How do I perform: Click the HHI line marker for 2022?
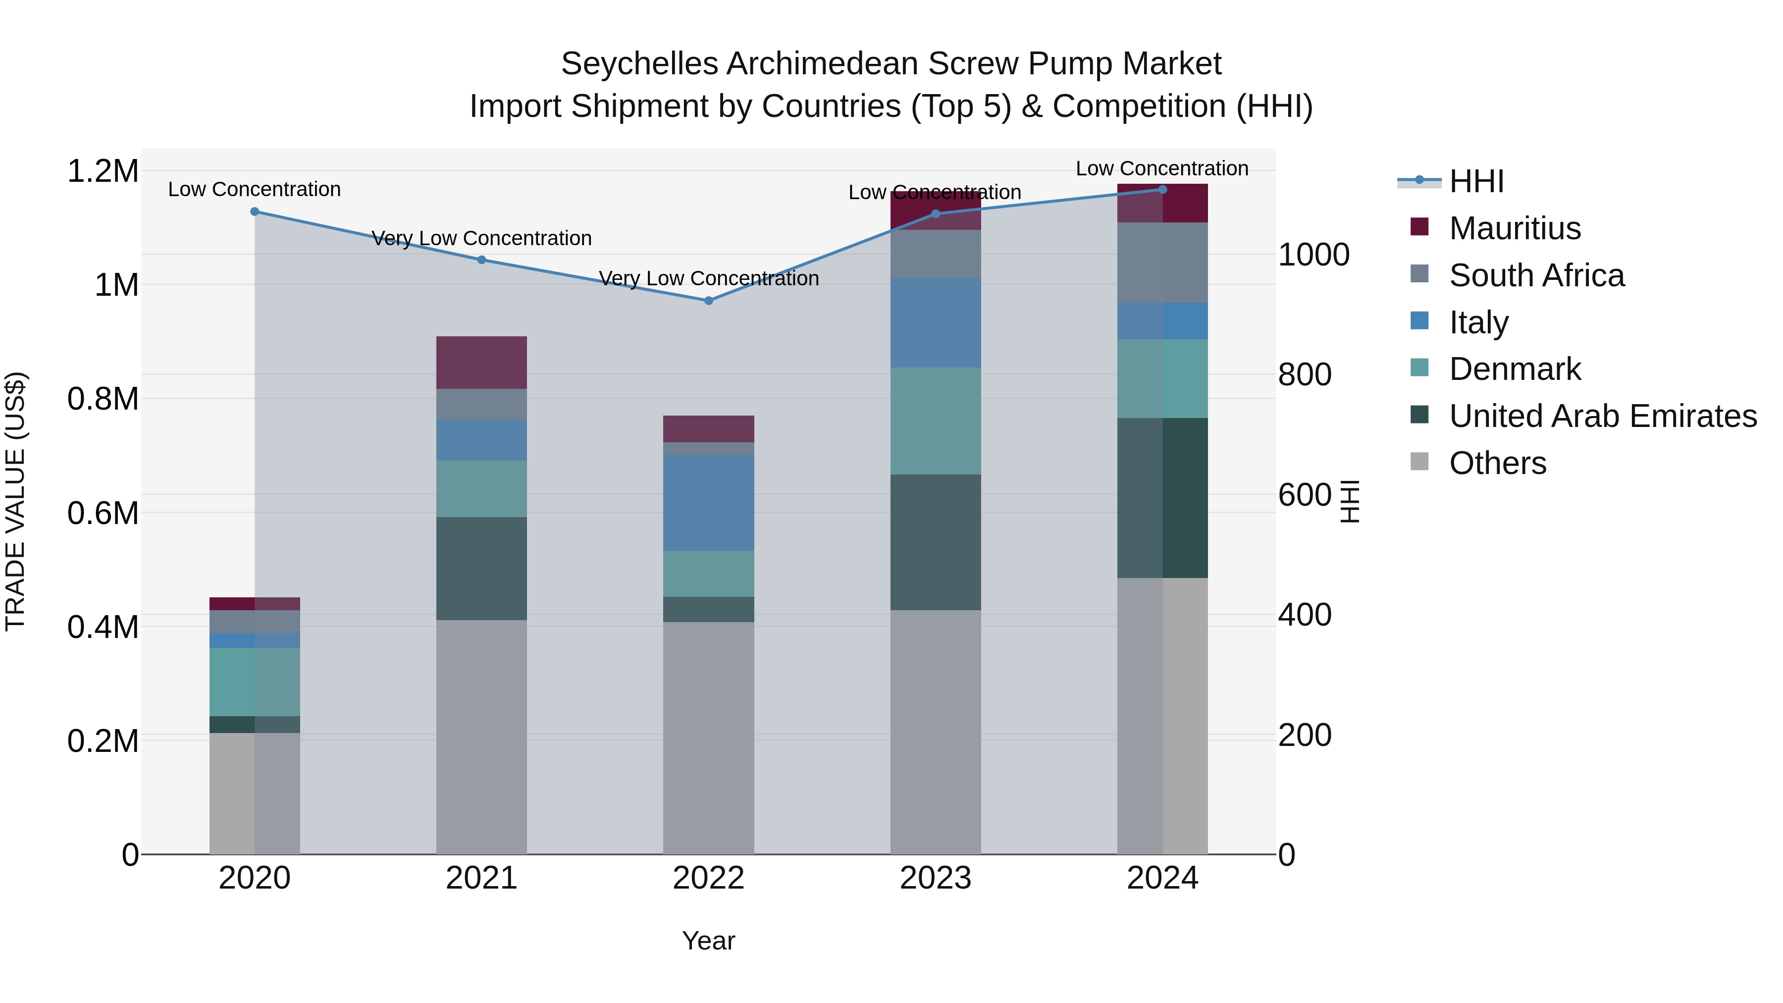click(708, 301)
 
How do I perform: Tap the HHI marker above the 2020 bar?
click(255, 212)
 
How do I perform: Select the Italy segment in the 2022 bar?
click(708, 503)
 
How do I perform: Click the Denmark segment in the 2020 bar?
click(255, 682)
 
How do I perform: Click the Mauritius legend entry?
click(1515, 228)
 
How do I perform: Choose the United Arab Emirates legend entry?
click(1602, 416)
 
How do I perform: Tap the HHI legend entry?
click(1476, 181)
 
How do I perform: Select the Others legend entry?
click(1497, 463)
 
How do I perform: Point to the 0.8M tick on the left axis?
click(103, 399)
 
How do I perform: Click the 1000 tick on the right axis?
click(1313, 255)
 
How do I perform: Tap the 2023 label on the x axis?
click(935, 878)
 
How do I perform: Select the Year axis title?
click(708, 941)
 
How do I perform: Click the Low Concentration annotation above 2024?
click(1161, 168)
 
